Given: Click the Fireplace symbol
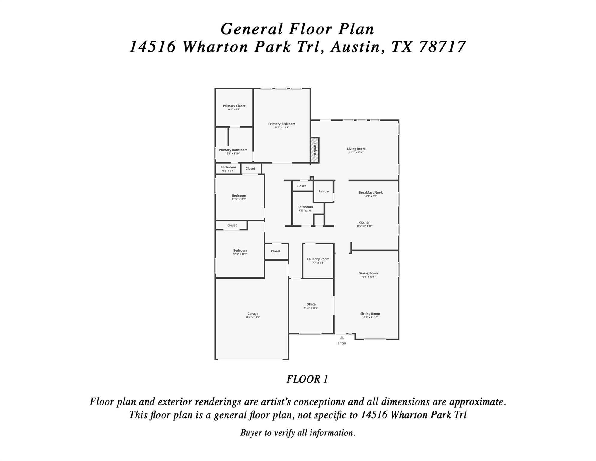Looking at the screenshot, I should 314,150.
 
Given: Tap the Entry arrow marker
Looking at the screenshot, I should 342,338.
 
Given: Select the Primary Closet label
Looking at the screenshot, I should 234,106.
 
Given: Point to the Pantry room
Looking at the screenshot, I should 323,191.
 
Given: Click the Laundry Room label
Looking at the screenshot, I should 318,259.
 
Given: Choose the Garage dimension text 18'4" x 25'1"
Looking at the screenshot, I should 253,317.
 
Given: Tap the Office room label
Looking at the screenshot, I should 311,304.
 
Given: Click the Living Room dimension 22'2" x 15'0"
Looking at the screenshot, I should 356,152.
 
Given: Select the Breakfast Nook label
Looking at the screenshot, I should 371,193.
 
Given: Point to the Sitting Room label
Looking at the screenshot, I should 370,314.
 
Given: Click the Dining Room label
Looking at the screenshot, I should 368,273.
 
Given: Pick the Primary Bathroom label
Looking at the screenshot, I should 233,150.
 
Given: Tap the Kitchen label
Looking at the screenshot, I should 364,222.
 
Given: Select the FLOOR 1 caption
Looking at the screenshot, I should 307,379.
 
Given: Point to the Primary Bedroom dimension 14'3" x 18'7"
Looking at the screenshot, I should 282,128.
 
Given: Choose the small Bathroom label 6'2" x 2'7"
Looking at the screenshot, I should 228,171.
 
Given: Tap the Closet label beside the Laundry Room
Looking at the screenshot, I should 276,251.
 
